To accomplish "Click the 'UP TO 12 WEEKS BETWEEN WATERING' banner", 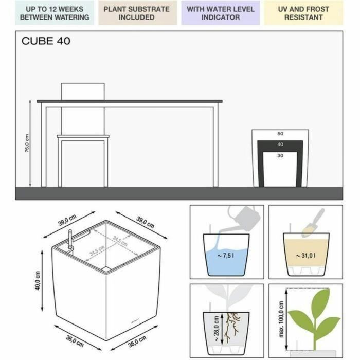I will [x=54, y=13].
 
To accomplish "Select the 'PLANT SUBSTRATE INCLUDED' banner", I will [x=136, y=13].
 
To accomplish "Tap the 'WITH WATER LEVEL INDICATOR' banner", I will [x=220, y=13].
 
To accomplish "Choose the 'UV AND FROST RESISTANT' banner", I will [x=303, y=13].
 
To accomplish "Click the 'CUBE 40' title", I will [x=46, y=42].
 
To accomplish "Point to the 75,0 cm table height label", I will [x=27, y=145].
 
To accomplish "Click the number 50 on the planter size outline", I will [x=280, y=134].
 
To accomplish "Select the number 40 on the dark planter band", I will [x=280, y=145].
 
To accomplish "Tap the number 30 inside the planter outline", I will [x=280, y=155].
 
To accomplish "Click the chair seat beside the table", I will [x=83, y=136].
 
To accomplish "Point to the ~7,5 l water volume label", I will [x=226, y=256].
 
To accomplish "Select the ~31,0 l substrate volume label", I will [x=305, y=255].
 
